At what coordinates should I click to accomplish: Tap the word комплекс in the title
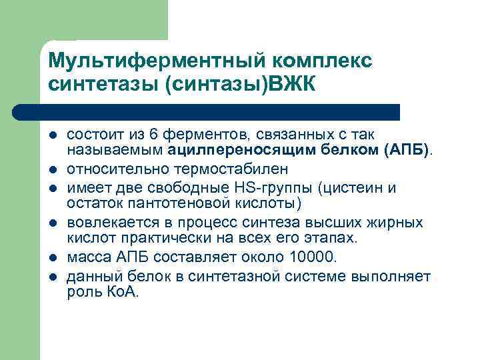320,61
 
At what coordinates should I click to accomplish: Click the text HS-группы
281,188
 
